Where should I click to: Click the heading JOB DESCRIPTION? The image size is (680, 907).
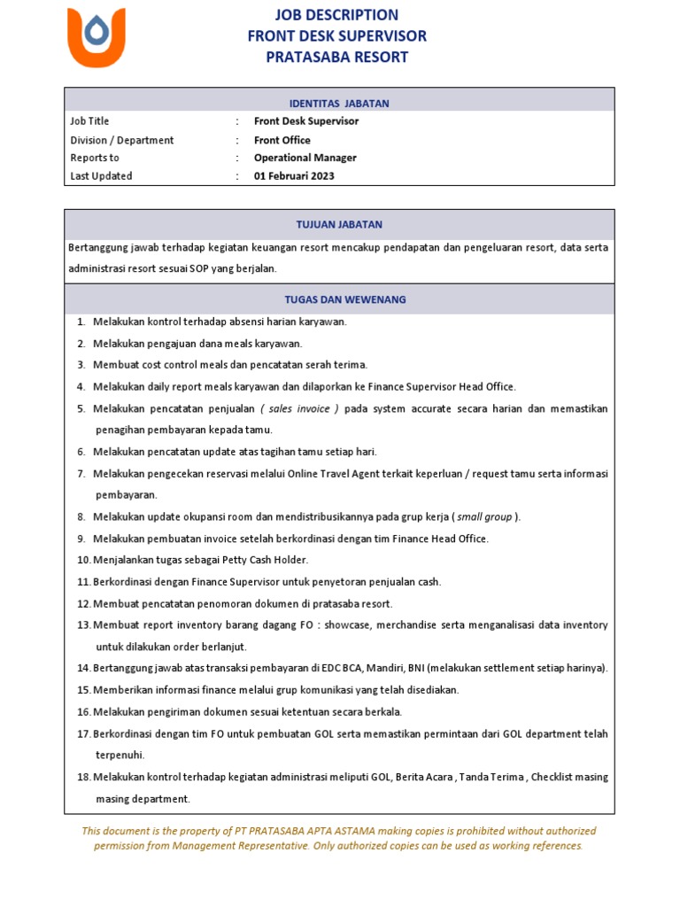337,14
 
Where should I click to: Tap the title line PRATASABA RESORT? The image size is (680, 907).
337,57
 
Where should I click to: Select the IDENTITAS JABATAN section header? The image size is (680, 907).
340,104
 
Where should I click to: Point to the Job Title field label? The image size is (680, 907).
89,121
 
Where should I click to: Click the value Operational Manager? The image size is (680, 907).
305,158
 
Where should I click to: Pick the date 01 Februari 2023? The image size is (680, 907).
294,176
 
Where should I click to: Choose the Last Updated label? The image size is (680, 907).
101,176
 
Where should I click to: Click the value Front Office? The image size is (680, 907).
282,140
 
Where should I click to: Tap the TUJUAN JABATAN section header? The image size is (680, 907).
340,224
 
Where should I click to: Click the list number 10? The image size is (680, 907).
84,560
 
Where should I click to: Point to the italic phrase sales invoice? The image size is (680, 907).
300,408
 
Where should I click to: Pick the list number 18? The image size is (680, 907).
84,777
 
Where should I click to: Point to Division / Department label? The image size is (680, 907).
122,140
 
